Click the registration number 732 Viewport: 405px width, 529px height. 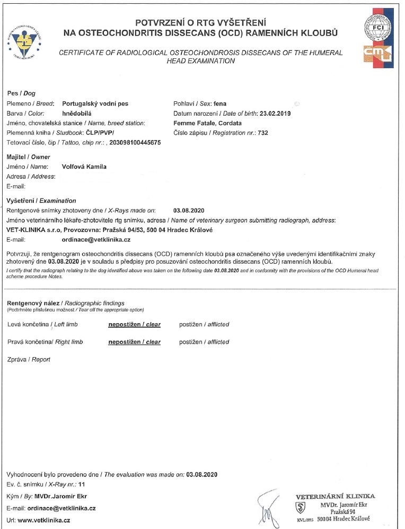click(262, 133)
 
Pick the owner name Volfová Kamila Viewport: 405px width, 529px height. click(84, 167)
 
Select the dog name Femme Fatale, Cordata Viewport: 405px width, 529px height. click(207, 123)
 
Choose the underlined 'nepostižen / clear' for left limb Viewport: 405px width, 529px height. click(134, 324)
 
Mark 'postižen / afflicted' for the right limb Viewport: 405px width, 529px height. click(204, 342)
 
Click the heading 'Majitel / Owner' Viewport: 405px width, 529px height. click(28, 157)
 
